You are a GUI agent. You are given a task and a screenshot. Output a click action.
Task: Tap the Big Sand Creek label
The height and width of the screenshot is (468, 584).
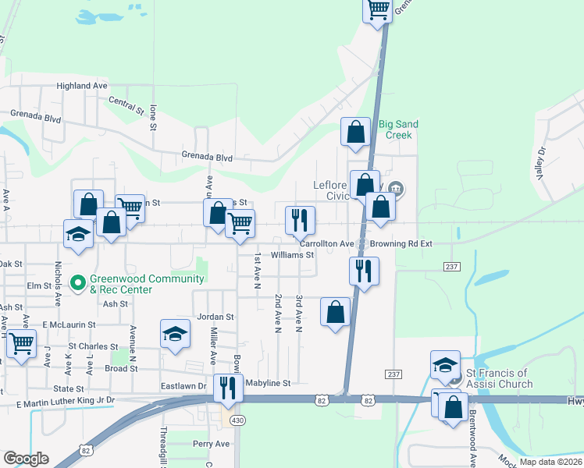pyautogui.click(x=398, y=129)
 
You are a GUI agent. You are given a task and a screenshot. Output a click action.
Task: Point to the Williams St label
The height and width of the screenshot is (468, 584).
pyautogui.click(x=292, y=255)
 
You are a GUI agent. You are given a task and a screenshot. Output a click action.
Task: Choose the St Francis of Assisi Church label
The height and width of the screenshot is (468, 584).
pyautogui.click(x=500, y=378)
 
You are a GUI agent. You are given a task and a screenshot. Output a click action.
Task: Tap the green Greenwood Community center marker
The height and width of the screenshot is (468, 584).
pyautogui.click(x=78, y=282)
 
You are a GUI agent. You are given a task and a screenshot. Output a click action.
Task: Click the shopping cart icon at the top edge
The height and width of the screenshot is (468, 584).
pyautogui.click(x=378, y=9)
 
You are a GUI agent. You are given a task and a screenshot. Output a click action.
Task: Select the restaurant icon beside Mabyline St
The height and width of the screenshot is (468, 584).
pyautogui.click(x=228, y=386)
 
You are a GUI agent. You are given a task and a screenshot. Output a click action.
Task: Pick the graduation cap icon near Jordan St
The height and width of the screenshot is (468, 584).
pyautogui.click(x=176, y=335)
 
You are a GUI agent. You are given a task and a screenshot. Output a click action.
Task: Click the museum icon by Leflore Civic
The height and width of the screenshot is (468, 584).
pyautogui.click(x=396, y=187)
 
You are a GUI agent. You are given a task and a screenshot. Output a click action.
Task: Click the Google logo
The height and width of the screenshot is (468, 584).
pyautogui.click(x=26, y=459)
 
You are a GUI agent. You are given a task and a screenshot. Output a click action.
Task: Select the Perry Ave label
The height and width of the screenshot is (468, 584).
pyautogui.click(x=212, y=444)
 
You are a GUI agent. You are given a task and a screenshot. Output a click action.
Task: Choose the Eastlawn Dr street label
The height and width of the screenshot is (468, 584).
pyautogui.click(x=185, y=385)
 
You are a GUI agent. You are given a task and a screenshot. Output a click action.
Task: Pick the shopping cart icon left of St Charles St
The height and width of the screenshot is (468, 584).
pyautogui.click(x=21, y=342)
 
